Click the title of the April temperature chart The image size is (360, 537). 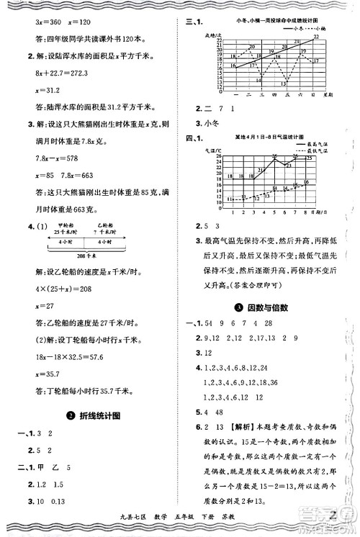[x=266, y=136]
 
